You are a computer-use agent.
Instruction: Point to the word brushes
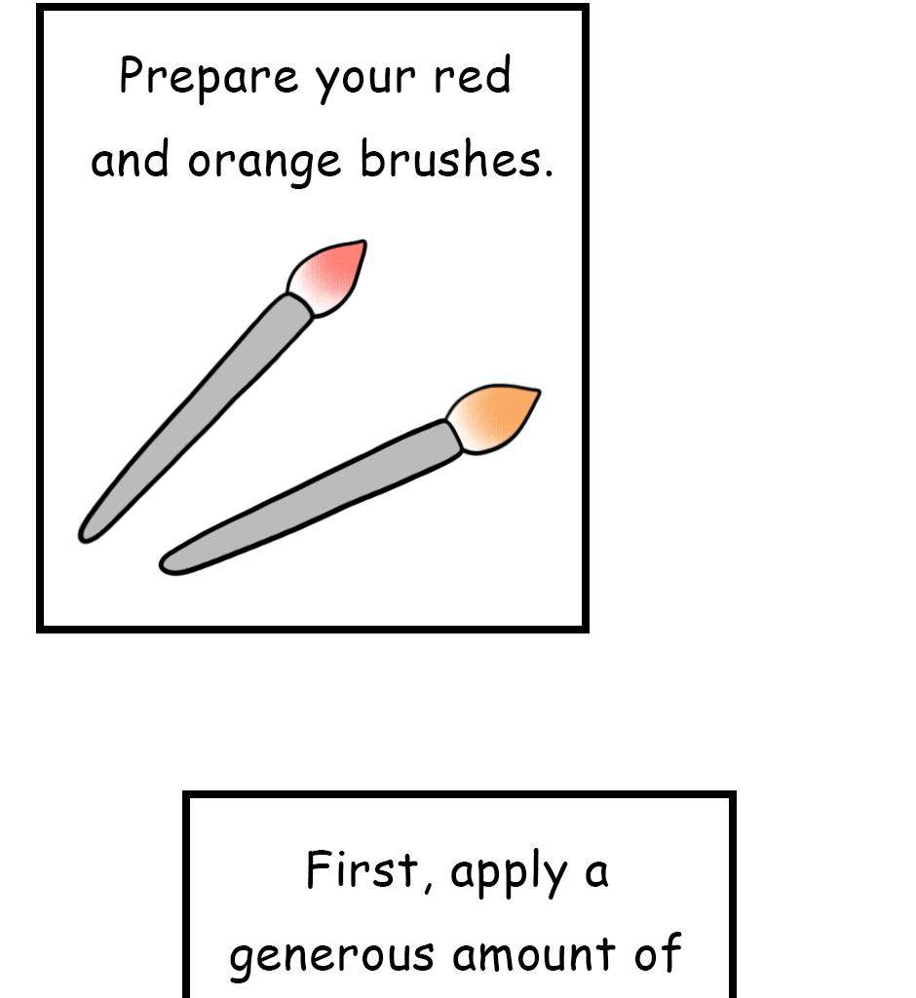[448, 159]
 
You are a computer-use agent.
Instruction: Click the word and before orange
[131, 160]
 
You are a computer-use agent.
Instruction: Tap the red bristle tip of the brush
[331, 275]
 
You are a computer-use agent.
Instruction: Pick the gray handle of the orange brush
[312, 497]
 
